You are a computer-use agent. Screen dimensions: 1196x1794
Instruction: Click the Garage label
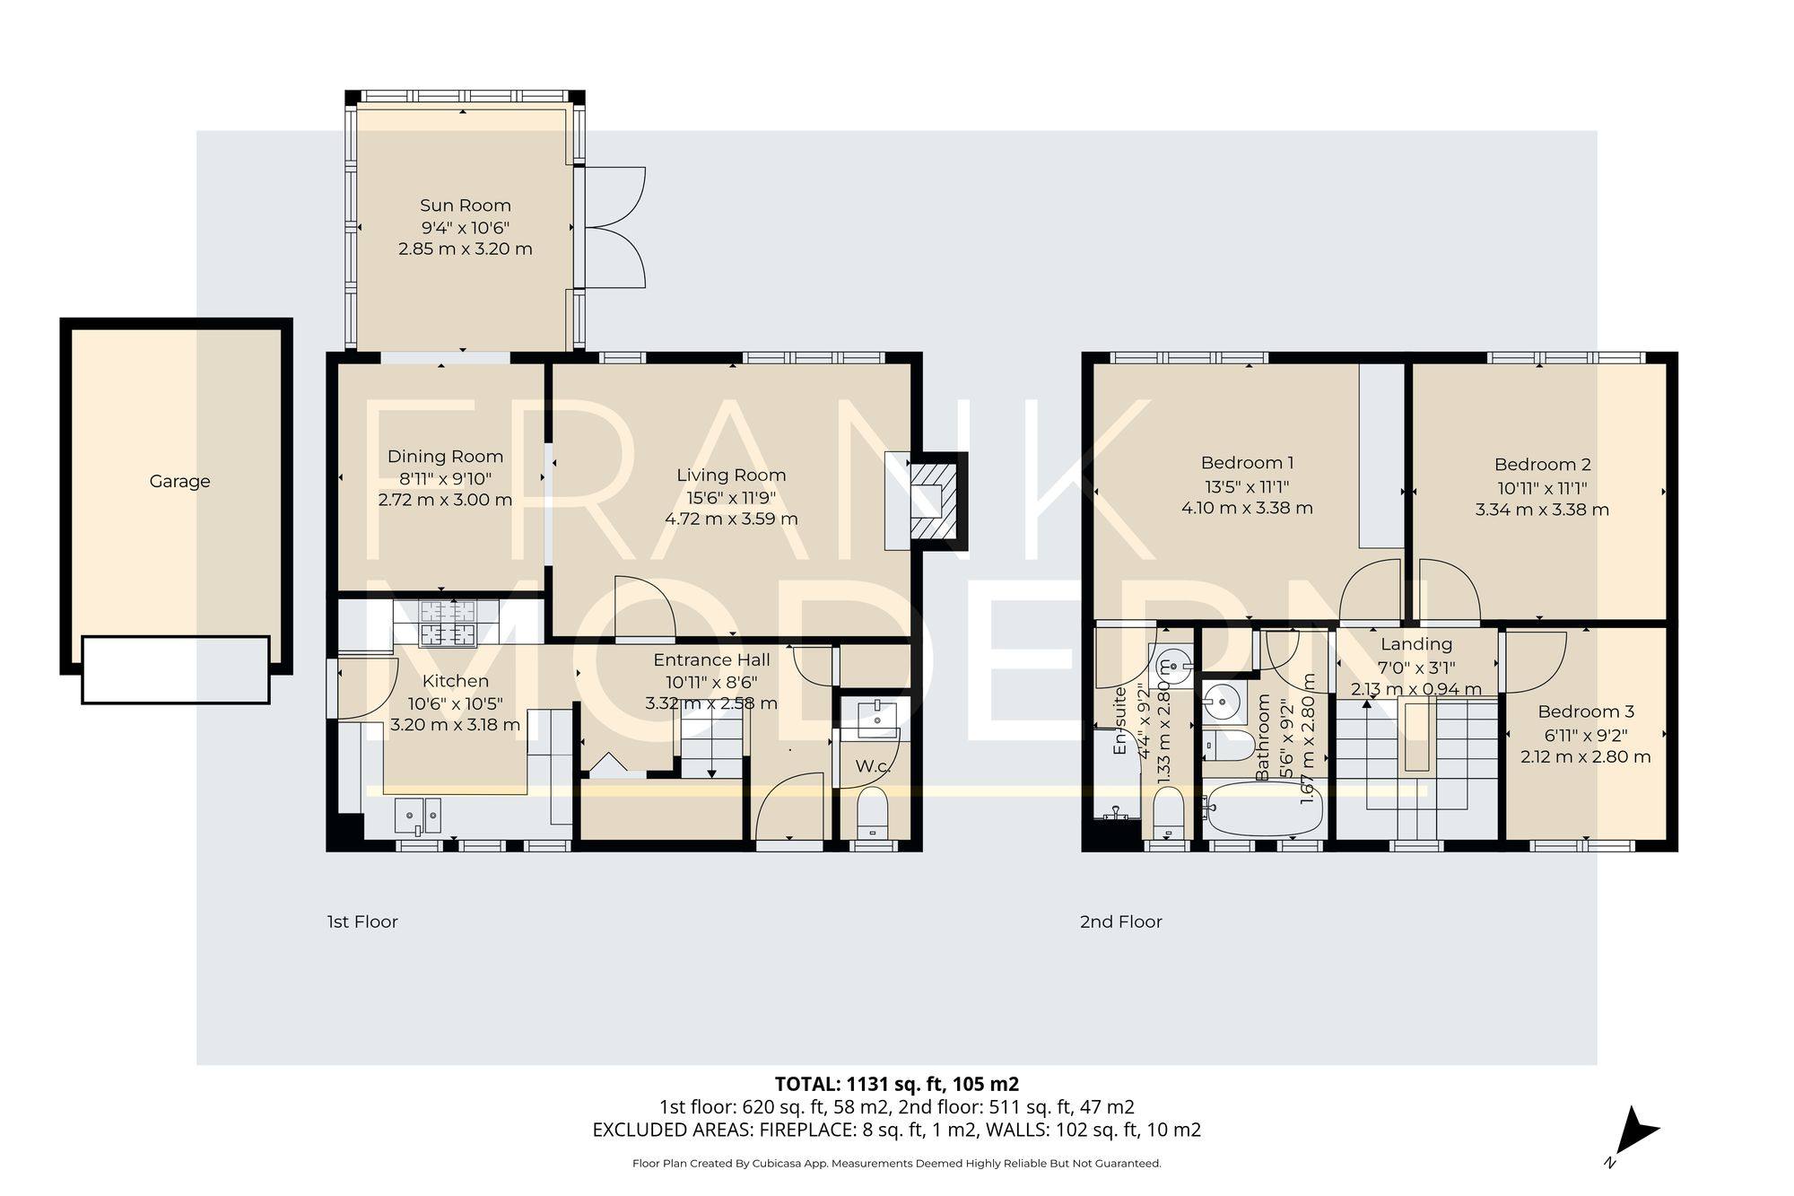click(179, 482)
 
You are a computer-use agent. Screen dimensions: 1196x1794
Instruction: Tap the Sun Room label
click(465, 205)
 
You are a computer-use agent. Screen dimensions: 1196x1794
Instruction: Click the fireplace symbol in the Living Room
click(932, 501)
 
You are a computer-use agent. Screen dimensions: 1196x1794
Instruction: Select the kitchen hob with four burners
click(448, 623)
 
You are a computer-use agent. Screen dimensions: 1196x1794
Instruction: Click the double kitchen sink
click(419, 815)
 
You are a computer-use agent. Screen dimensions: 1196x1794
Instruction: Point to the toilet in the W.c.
click(872, 811)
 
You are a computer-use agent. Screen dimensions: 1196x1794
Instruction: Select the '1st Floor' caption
click(362, 921)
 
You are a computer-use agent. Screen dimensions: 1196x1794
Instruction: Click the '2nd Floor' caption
click(1120, 921)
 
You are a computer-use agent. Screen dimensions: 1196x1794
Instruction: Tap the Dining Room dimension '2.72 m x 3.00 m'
click(445, 500)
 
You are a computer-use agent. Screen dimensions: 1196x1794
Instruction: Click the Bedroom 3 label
click(1585, 711)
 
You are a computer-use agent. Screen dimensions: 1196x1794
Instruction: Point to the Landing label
click(1415, 644)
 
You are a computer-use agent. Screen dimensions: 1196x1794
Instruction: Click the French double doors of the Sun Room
click(614, 227)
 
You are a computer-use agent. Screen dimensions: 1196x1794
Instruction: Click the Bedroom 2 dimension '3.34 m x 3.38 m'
click(1541, 510)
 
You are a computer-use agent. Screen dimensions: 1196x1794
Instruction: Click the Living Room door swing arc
click(645, 607)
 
